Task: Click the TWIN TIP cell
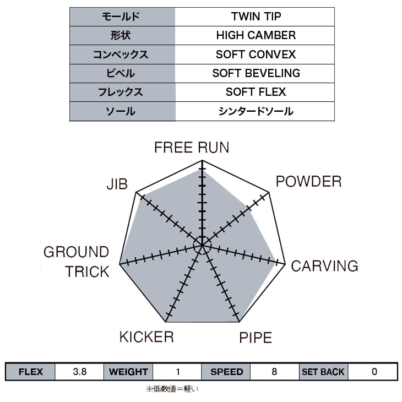coord(256,17)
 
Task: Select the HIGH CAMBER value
coord(256,35)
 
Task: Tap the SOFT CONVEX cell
coord(256,55)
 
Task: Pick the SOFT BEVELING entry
coord(256,73)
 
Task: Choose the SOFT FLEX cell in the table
coord(256,92)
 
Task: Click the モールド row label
coord(122,17)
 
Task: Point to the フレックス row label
coord(122,92)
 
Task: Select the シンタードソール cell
coord(256,111)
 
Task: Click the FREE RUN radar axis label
coord(192,148)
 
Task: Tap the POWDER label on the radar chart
coord(308,181)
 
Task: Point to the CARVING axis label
coord(324,267)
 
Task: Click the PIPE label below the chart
coord(255,337)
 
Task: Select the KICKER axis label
coord(146,336)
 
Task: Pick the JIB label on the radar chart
coord(117,184)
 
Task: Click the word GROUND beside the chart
coord(76,253)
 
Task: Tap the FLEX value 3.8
coord(79,372)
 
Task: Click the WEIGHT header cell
coord(128,372)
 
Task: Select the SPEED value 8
coord(274,372)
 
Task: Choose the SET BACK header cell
coord(323,372)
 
